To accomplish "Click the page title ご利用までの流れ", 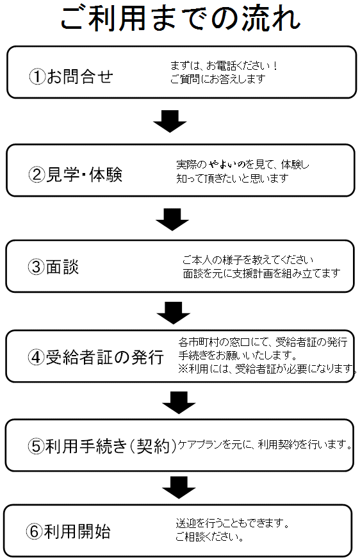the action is pos(181,18).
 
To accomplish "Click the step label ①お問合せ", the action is pos(71,76).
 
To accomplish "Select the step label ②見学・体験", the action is pos(76,174).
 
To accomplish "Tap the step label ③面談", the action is pos(53,267).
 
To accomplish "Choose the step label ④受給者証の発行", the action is pos(95,357).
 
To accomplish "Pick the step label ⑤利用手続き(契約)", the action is pos(102,445).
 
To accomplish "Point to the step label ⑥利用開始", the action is pos(68,531).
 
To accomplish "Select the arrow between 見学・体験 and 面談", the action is pos(172,220).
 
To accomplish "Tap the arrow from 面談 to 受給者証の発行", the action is pos(173,313).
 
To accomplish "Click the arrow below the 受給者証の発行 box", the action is pos(179,403).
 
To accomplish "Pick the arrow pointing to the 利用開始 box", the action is pos(179,488).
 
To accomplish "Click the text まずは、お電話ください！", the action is pos(224,66).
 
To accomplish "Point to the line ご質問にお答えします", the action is pos(218,79).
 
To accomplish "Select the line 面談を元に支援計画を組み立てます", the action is pos(261,273).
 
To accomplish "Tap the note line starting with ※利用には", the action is pos(268,368).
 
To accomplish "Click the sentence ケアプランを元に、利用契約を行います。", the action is pos(265,444).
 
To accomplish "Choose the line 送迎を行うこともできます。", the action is pos(233,523).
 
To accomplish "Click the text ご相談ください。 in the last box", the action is pos(209,536).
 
